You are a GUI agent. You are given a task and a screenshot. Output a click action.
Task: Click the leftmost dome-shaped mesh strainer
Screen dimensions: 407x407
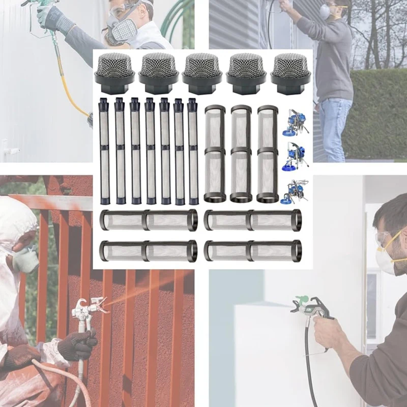(x=114, y=72)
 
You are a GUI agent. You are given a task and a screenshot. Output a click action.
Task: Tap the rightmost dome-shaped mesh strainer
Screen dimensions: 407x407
(x=290, y=72)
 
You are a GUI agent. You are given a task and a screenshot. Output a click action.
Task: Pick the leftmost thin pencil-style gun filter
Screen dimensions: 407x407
(x=104, y=151)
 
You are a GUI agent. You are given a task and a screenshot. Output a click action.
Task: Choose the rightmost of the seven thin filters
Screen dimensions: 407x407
(x=193, y=151)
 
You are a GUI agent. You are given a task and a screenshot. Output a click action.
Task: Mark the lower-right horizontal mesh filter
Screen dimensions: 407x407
(x=253, y=250)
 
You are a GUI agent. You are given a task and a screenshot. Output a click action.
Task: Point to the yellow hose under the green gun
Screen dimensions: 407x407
(x=71, y=86)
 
